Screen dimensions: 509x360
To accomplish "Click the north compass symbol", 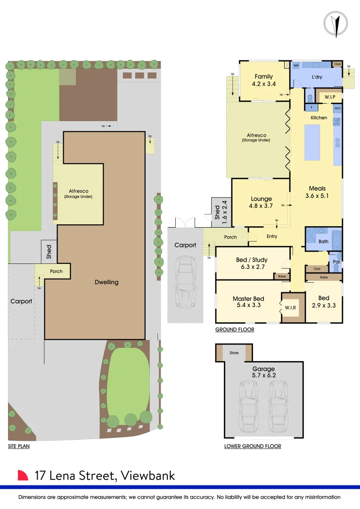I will point(335,22).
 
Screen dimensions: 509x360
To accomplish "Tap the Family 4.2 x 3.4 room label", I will point(264,80).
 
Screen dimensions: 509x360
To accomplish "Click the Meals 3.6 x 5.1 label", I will point(318,192).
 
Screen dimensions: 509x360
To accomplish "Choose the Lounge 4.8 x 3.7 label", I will point(262,202).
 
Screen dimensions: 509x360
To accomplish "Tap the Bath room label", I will point(323,242).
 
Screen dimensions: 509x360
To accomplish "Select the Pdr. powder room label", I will point(336,262).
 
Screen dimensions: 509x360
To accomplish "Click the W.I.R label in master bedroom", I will point(290,309).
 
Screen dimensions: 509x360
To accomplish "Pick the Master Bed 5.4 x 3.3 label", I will point(248,302).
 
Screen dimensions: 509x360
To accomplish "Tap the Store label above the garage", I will point(234,353).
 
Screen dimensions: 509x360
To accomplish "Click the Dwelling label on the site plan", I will point(106,282).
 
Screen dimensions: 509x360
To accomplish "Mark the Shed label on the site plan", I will point(49,252).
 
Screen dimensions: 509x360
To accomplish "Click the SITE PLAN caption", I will point(19,446).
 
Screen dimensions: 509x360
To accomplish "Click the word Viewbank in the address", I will point(147,476).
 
